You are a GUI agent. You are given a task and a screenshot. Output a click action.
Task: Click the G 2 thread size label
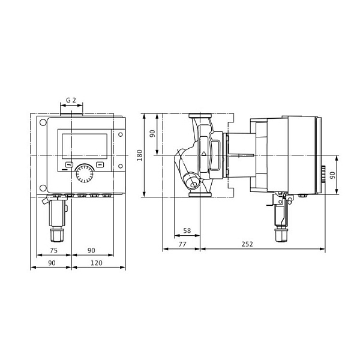71,101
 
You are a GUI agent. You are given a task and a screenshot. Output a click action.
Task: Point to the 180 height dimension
140,155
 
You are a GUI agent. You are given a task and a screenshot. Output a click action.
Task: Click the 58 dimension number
187,230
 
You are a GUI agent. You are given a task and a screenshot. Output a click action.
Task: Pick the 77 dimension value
182,244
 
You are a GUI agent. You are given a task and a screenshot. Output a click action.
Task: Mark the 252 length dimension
247,244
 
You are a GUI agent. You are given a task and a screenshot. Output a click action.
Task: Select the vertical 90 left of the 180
152,133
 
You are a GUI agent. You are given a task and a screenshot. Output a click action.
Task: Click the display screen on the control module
85,146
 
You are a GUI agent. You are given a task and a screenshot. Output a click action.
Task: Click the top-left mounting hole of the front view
43,124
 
